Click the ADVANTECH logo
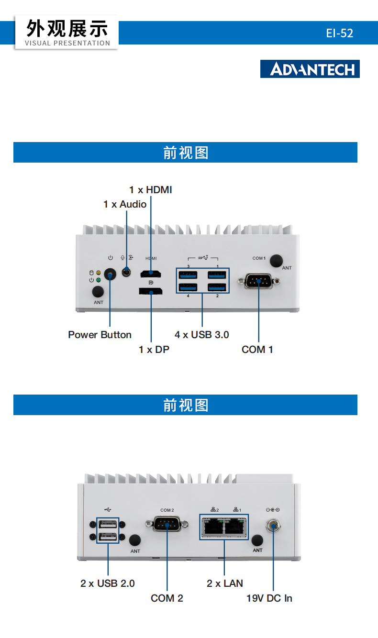click(x=310, y=69)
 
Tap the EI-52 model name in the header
click(x=339, y=33)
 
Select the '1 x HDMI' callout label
click(x=150, y=190)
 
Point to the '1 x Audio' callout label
click(x=125, y=204)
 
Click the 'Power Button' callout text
click(x=100, y=335)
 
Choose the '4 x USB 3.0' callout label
click(x=201, y=335)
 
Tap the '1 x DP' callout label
click(x=154, y=350)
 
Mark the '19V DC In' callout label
click(x=269, y=598)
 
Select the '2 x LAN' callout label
click(x=224, y=583)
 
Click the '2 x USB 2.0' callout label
click(x=108, y=583)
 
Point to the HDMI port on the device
click(x=151, y=274)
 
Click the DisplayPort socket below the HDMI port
click(x=151, y=290)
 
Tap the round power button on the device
click(x=111, y=275)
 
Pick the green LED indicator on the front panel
click(x=99, y=280)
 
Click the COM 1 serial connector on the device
click(x=258, y=281)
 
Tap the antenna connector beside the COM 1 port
click(x=276, y=261)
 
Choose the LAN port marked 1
click(x=236, y=527)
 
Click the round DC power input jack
click(x=273, y=527)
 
